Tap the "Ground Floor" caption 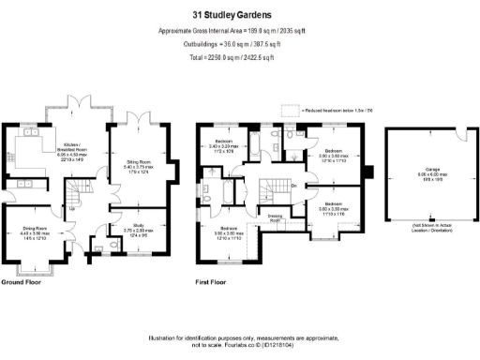[x=21, y=281]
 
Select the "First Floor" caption [x=214, y=281]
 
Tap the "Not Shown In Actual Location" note [x=424, y=229]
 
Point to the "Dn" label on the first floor [x=294, y=184]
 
